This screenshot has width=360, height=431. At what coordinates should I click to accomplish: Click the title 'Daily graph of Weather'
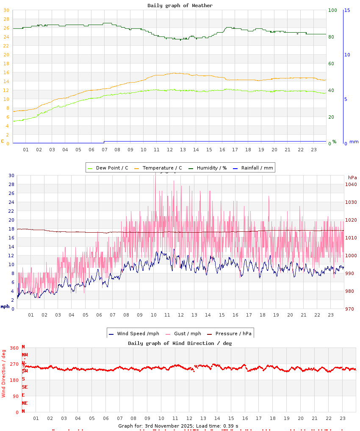tap(180, 6)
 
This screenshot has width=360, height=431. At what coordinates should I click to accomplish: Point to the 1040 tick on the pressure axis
tap(351, 184)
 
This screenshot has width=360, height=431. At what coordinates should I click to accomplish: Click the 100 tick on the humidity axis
tap(332, 10)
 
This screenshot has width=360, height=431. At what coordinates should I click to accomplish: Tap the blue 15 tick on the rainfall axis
tap(347, 10)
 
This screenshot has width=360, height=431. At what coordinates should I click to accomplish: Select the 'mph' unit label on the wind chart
tap(5, 306)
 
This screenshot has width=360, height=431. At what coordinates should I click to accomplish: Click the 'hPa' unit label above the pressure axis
tap(352, 177)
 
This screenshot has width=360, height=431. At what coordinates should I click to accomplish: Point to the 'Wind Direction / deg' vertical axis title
tap(4, 373)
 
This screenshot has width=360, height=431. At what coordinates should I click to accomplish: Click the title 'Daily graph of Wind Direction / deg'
tap(180, 343)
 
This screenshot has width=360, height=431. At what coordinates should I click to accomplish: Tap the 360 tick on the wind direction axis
tap(14, 348)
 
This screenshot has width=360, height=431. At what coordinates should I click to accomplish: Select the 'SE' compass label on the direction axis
tap(25, 387)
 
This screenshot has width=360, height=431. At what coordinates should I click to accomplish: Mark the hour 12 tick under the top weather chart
tap(170, 150)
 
